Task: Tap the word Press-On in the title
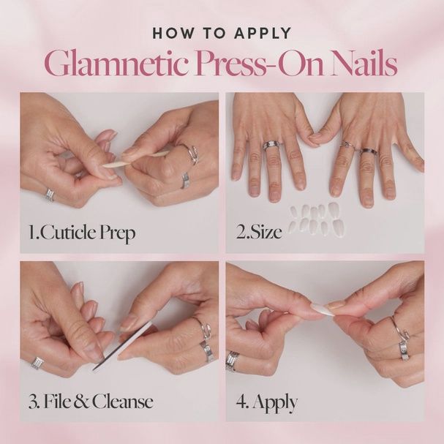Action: click(x=252, y=64)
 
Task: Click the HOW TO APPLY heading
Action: click(x=222, y=33)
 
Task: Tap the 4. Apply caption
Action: click(x=266, y=402)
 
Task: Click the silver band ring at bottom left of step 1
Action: click(x=49, y=195)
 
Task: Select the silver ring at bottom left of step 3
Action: click(x=37, y=363)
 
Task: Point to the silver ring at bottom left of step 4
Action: click(x=232, y=361)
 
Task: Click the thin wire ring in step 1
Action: click(x=193, y=154)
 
